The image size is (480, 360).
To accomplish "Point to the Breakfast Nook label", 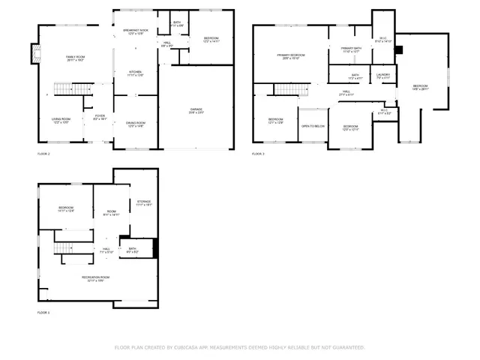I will click(136, 31).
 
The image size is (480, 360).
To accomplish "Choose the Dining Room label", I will click(136, 124).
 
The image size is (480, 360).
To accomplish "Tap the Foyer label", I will click(100, 117).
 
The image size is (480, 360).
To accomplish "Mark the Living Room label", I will click(61, 121).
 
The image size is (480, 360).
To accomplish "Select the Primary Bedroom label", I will click(290, 57).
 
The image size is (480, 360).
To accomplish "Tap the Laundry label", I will click(382, 76).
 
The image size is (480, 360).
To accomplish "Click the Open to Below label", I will click(313, 126).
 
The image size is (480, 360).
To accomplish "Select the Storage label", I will click(143, 203).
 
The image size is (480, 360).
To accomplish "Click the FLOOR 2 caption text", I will click(43, 154).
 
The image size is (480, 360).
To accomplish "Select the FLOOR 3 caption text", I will click(258, 154).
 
